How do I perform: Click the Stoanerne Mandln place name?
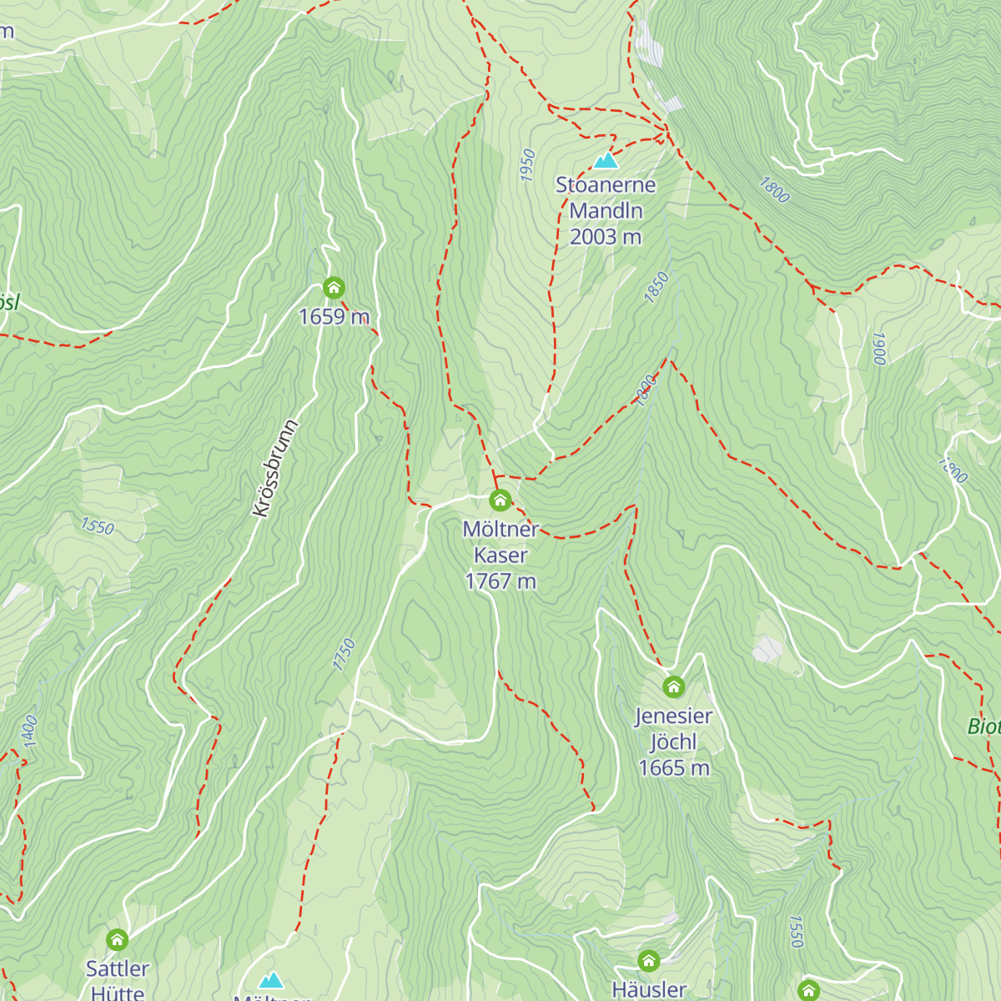pyautogui.click(x=606, y=198)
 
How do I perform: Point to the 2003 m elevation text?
pyautogui.click(x=606, y=237)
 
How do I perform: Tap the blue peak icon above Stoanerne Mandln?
pyautogui.click(x=606, y=160)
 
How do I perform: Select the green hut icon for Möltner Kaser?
pyautogui.click(x=500, y=500)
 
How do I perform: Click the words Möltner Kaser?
pyautogui.click(x=500, y=542)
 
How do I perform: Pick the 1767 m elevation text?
pyautogui.click(x=500, y=581)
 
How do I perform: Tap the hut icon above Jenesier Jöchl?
pyautogui.click(x=673, y=687)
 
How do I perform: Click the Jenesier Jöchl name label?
pyautogui.click(x=673, y=728)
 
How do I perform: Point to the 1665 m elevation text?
pyautogui.click(x=673, y=768)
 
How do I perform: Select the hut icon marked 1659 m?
pyautogui.click(x=334, y=289)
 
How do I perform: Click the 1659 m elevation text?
pyautogui.click(x=334, y=317)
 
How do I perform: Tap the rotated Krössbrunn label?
pyautogui.click(x=274, y=468)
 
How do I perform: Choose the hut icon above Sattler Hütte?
pyautogui.click(x=118, y=940)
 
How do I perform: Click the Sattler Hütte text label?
pyautogui.click(x=118, y=979)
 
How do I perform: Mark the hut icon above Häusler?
pyautogui.click(x=649, y=961)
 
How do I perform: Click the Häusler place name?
pyautogui.click(x=649, y=989)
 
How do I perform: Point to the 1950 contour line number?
pyautogui.click(x=527, y=165)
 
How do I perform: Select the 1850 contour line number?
pyautogui.click(x=657, y=288)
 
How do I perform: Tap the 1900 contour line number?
pyautogui.click(x=878, y=348)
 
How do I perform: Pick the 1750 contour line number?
pyautogui.click(x=344, y=655)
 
